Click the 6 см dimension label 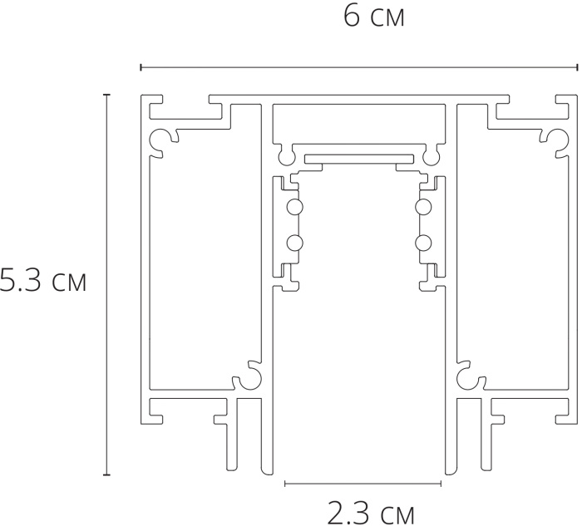coord(374,17)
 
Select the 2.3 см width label coord(371,514)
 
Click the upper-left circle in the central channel coord(294,207)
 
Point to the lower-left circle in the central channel coord(294,243)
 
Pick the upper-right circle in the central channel coord(423,207)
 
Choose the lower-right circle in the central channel coord(423,243)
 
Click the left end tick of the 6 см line coord(141,67)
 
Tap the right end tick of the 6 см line coord(577,67)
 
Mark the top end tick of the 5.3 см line coord(107,95)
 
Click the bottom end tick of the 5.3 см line coord(107,474)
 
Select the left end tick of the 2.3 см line coord(285,484)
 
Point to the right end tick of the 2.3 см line coord(441,484)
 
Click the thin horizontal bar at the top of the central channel coord(359,160)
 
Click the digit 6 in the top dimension coord(351,17)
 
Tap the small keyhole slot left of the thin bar coord(285,155)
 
